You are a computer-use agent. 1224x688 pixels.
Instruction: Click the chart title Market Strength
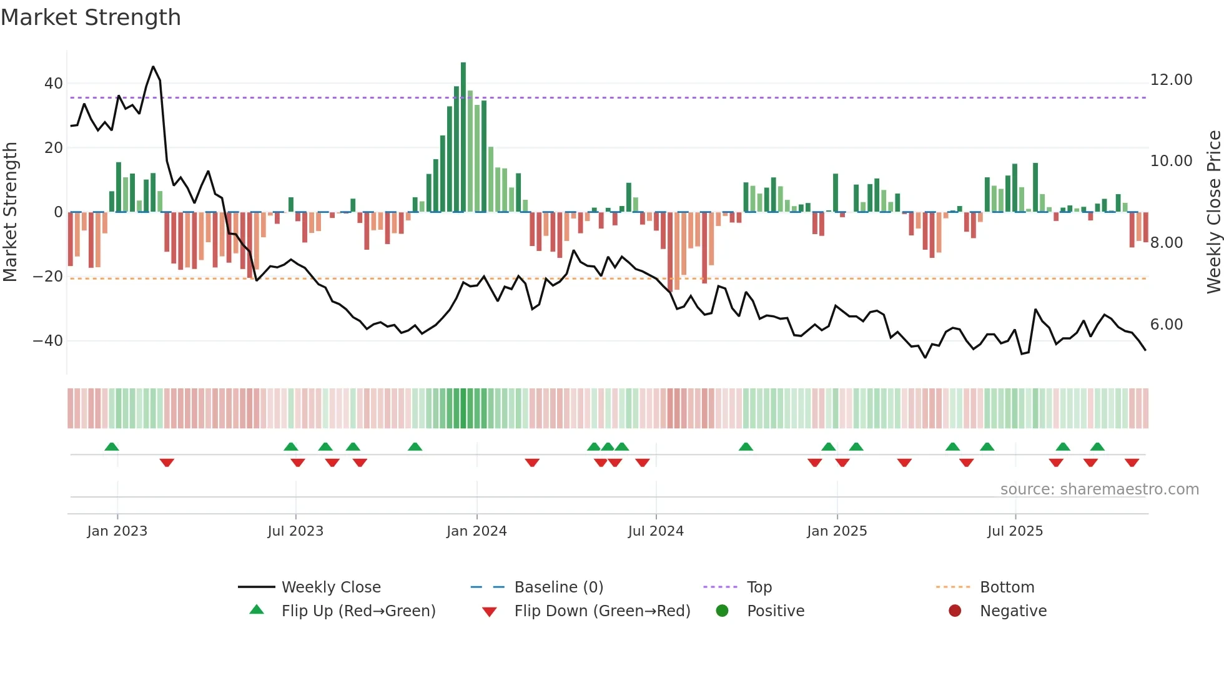coord(91,17)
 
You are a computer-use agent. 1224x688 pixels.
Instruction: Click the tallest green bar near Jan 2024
coord(463,137)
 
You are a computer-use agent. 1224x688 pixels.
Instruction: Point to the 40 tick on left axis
coord(54,84)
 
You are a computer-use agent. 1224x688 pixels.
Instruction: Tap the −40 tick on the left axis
coord(48,341)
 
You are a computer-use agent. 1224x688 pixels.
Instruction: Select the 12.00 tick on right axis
coord(1171,80)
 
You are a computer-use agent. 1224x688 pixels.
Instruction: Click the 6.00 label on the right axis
coord(1166,325)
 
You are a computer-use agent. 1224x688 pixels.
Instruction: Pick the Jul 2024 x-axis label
coord(656,531)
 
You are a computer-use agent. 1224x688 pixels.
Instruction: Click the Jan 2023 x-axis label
coord(117,531)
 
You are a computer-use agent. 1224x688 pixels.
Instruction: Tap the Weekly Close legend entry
coord(330,587)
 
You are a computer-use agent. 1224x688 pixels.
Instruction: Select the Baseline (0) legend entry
coord(558,587)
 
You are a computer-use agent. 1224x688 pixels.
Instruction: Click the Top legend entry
coord(759,587)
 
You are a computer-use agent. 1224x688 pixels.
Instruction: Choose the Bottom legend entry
coord(1007,587)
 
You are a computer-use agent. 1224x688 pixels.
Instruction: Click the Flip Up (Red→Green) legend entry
coord(358,611)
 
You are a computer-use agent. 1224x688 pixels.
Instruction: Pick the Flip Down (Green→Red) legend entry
coord(602,611)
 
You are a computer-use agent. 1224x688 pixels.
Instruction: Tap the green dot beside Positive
coord(723,611)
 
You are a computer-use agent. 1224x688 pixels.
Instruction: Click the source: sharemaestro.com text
coord(1099,489)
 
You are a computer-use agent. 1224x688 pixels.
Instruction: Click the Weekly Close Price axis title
coord(1213,212)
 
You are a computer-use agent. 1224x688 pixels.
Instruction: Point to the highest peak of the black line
coord(153,67)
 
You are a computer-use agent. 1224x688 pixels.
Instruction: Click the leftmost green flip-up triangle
coord(112,447)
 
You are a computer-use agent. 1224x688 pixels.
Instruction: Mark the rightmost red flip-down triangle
coord(1132,463)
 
